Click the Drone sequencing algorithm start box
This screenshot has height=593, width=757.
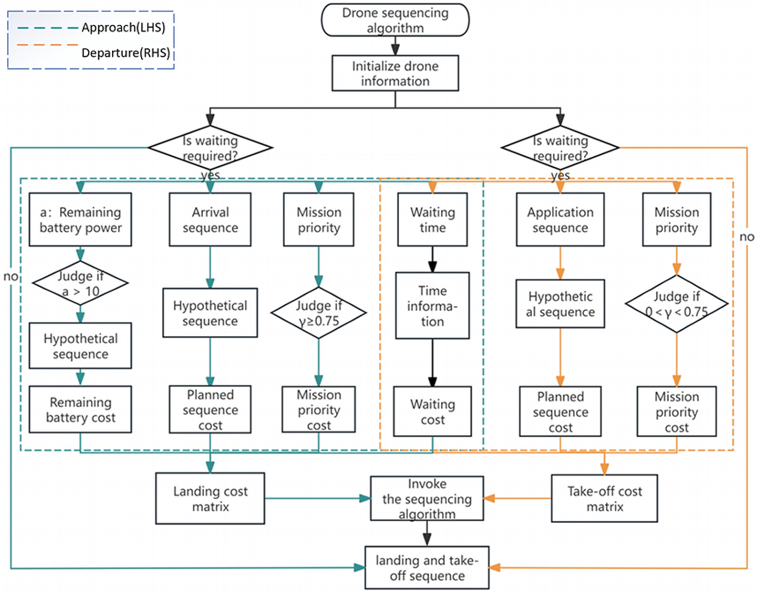395,20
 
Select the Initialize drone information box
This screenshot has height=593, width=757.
395,73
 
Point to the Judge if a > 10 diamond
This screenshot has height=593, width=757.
80,283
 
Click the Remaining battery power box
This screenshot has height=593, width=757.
80,220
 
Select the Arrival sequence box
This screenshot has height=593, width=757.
210,220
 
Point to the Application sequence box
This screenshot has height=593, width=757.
560,220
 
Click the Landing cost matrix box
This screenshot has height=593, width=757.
210,498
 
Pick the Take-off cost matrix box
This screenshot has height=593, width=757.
604,498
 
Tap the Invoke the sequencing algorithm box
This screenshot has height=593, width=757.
427,498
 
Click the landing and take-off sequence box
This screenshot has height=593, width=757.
427,568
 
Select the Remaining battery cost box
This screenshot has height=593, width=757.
80,410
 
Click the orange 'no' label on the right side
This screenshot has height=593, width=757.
747,237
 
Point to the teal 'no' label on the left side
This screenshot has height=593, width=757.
10,277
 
